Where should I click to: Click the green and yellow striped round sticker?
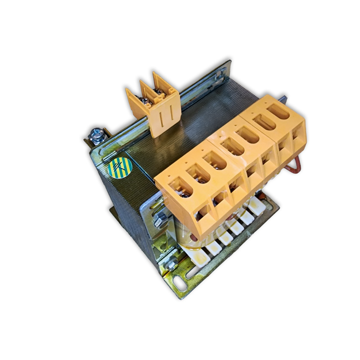pyautogui.click(x=119, y=168)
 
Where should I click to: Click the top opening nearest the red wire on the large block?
pyautogui.click(x=280, y=112)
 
